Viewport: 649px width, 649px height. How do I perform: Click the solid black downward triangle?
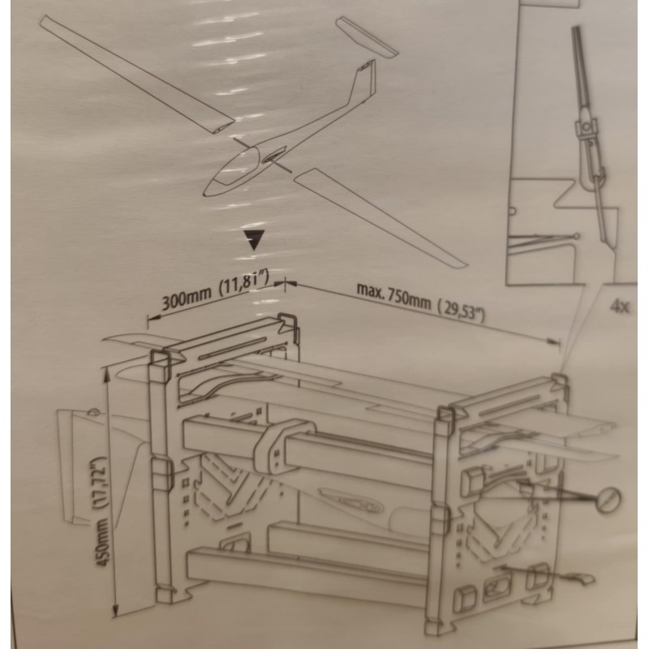pyautogui.click(x=254, y=239)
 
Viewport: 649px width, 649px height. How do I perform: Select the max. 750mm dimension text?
pyautogui.click(x=393, y=295)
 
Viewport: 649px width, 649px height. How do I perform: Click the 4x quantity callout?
pyautogui.click(x=620, y=307)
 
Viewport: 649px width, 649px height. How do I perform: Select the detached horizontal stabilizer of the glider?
pyautogui.click(x=367, y=37)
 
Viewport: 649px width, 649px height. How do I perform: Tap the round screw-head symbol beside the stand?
pyautogui.click(x=609, y=500)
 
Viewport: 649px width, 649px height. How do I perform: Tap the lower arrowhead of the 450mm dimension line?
pyautogui.click(x=115, y=611)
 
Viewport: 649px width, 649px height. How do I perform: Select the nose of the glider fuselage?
pyautogui.click(x=206, y=191)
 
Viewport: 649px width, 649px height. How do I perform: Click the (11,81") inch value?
pyautogui.click(x=244, y=280)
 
